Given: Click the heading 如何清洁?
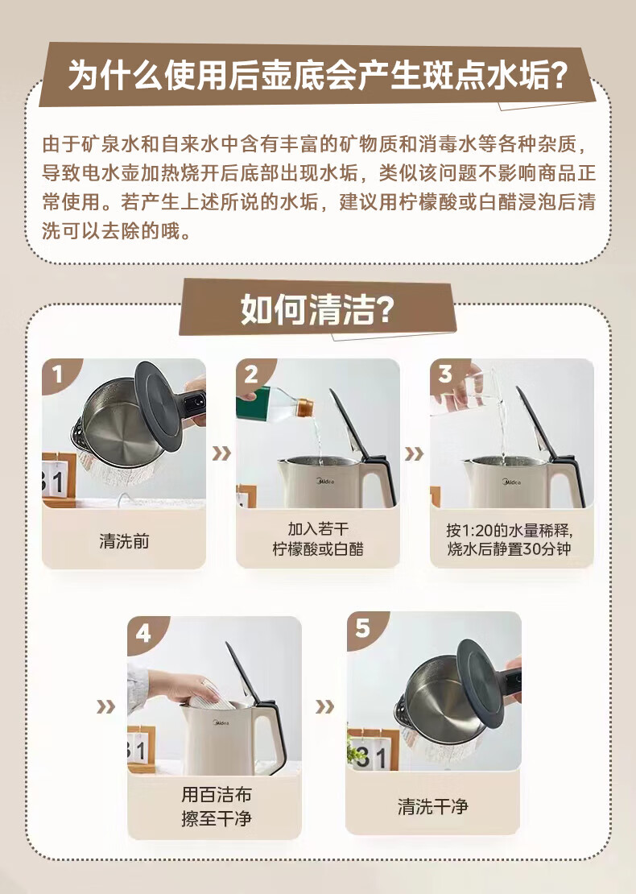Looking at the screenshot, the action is pos(317,309).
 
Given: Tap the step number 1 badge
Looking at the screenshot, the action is pos(57,374).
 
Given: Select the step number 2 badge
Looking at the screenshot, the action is pos(251,374).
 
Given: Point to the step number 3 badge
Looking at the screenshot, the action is pos(445,374).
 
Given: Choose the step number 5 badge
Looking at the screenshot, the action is pos(362,628).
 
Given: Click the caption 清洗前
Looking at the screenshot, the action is pos(124,541).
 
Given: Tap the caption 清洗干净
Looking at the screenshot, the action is pos(432,806).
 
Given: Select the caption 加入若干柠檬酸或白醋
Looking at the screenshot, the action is pos(317,539).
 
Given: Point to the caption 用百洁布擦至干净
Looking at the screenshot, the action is pos(216,806).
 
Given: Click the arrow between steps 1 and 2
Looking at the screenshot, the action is pos(221,453).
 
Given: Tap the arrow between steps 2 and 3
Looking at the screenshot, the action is pos(415,453).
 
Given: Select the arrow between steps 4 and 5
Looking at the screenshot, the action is pos(324,707).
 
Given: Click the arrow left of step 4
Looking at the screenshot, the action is pos(106,707).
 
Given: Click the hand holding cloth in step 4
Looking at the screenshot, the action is pos(183,688).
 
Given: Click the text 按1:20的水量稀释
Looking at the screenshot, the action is pos(509,530).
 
